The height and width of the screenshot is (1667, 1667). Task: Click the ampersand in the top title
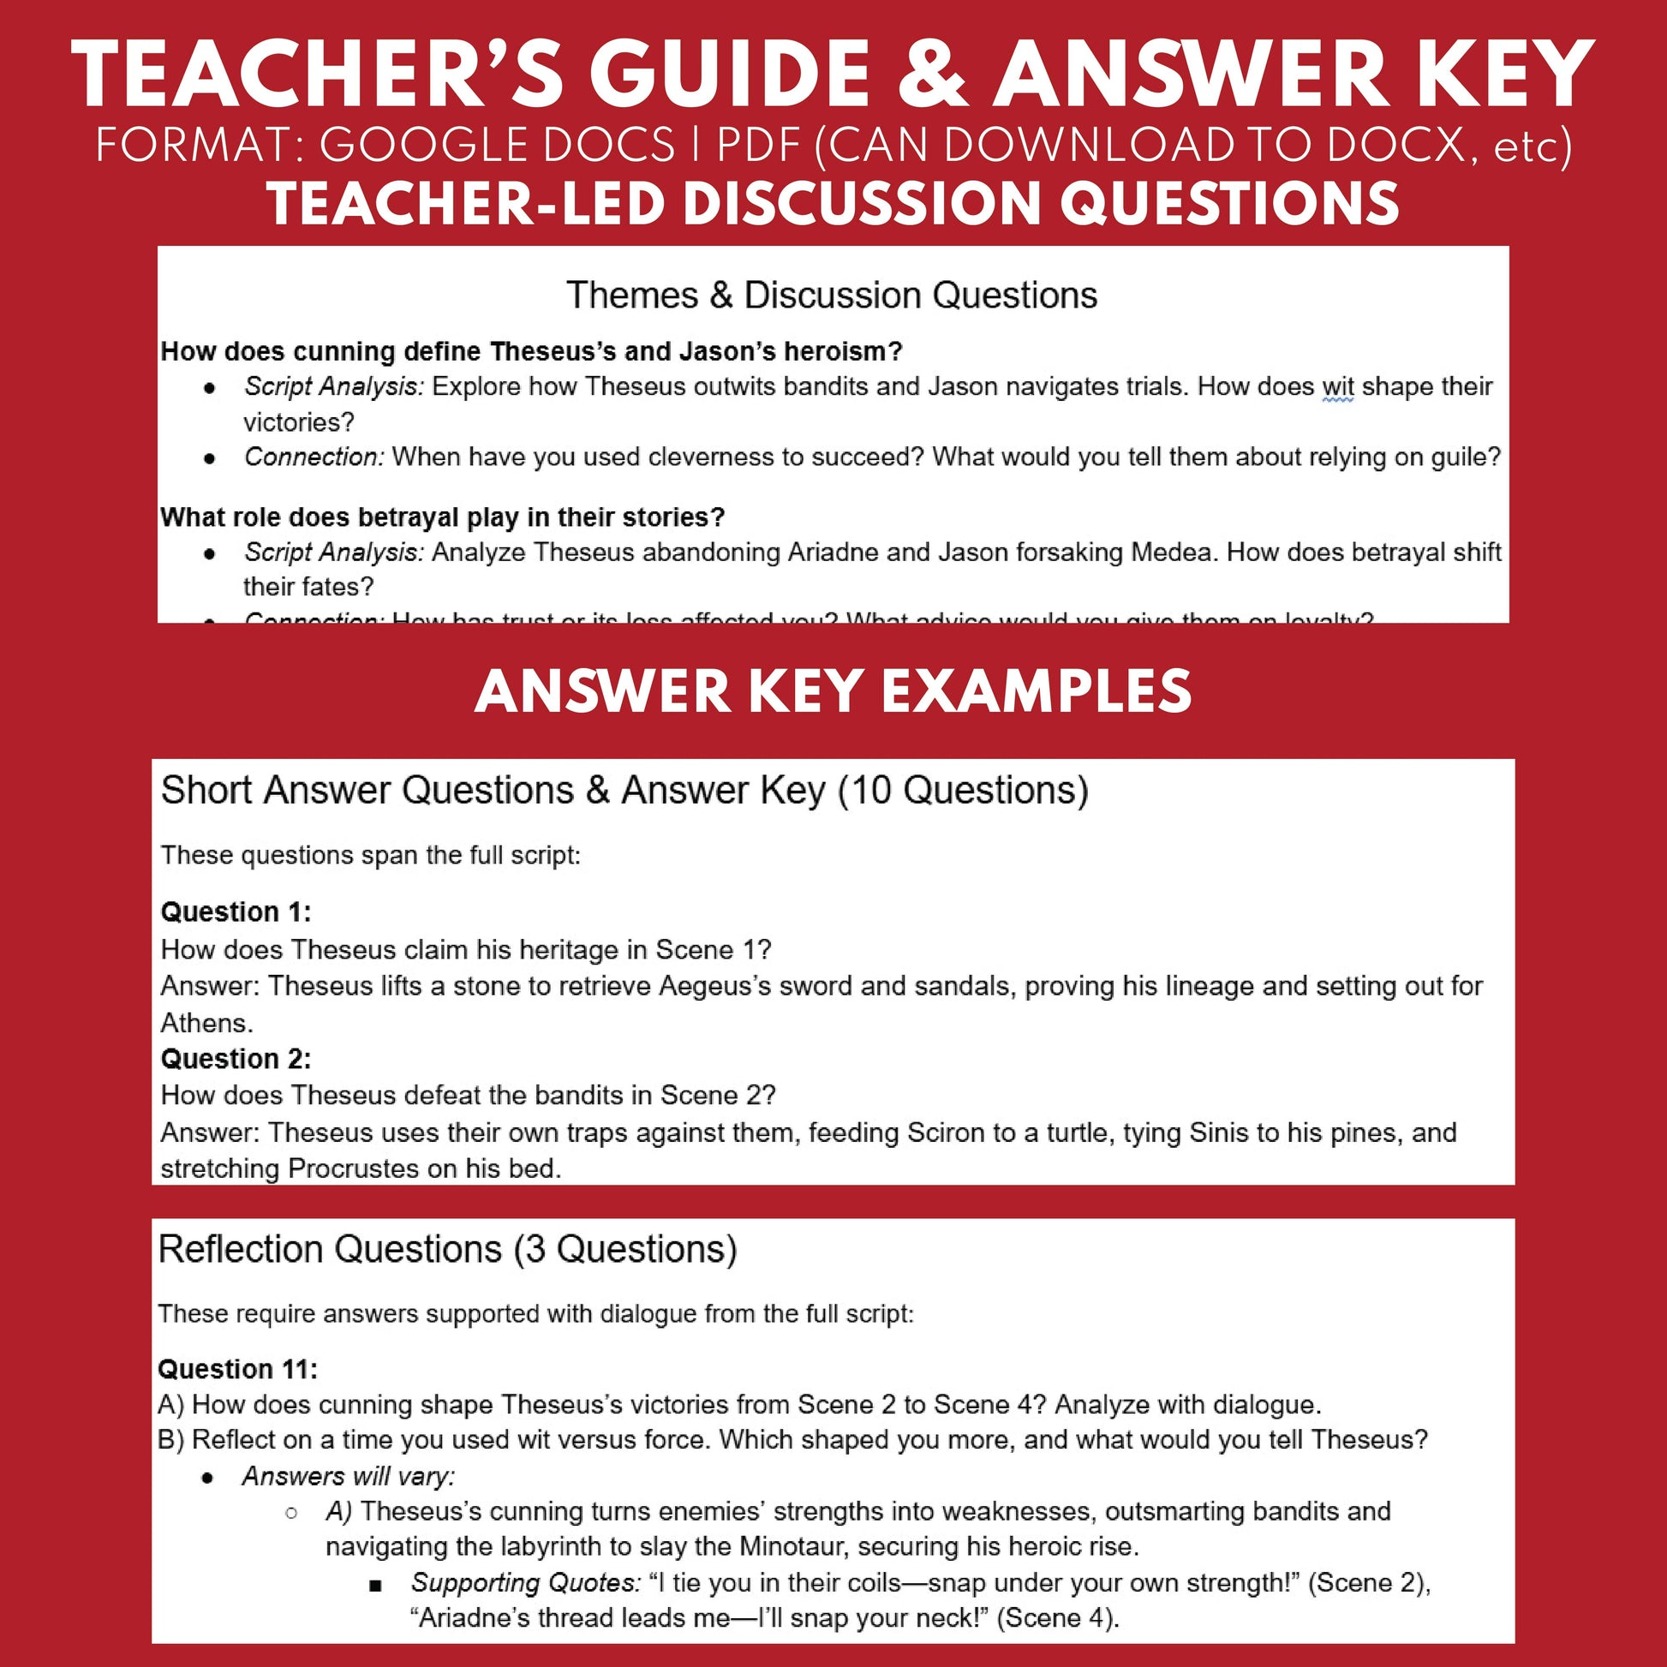pos(934,76)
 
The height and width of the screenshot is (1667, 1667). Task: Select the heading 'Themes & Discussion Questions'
pos(832,295)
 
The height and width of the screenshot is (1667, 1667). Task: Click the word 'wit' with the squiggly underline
pos(1337,385)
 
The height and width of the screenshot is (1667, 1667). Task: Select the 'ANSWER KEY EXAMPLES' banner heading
pos(833,692)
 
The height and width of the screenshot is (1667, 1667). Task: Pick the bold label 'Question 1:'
pos(236,911)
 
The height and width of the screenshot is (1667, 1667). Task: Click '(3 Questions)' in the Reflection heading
pos(625,1248)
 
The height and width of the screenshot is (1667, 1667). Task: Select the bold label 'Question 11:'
pos(237,1368)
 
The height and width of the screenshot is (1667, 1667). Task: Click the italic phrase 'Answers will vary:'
pos(348,1476)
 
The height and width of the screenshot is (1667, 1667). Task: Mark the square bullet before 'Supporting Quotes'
pos(374,1584)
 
